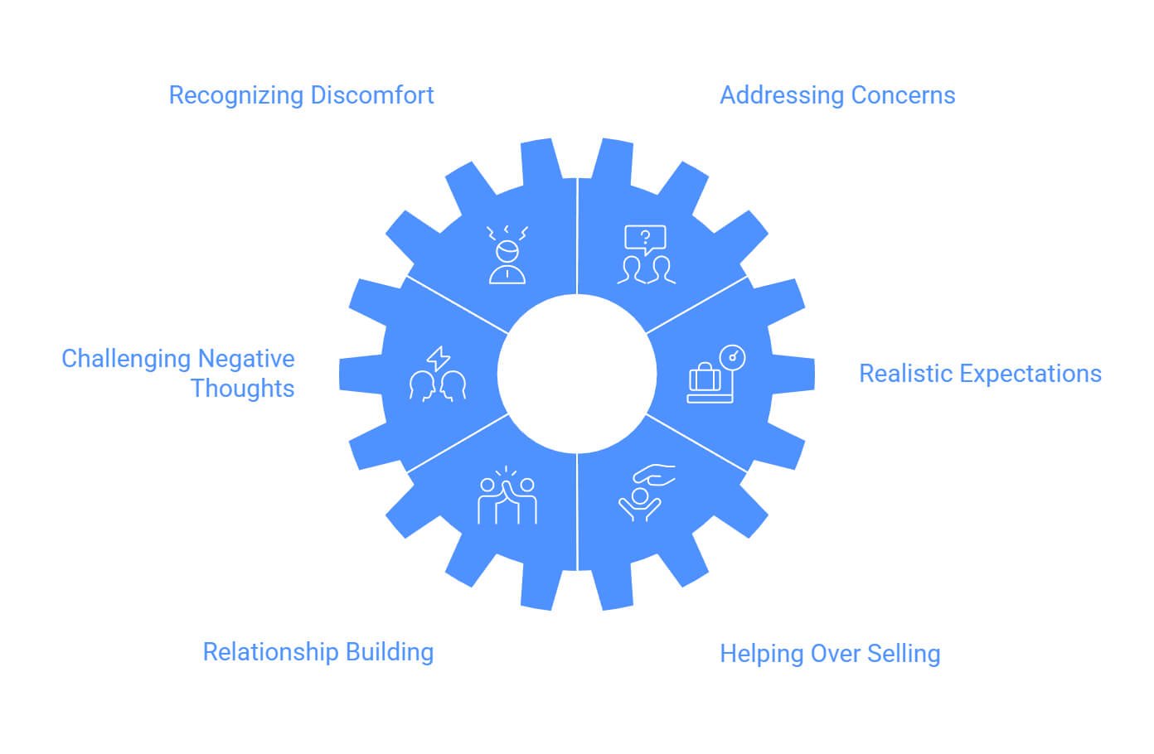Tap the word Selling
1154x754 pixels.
tap(904, 654)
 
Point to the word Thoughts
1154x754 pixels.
tap(243, 388)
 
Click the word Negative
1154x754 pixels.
tap(247, 359)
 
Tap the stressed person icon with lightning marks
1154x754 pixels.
tap(507, 254)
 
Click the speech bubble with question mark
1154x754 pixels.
tap(645, 239)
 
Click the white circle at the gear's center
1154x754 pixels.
tap(577, 374)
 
